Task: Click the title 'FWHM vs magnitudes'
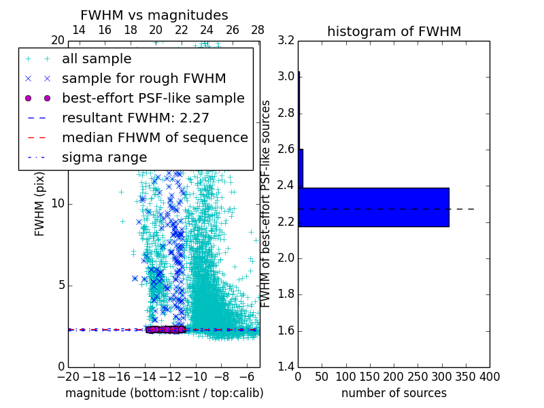pyautogui.click(x=154, y=15)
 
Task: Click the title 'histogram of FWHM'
pyautogui.click(x=394, y=31)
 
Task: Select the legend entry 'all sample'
pyautogui.click(x=97, y=58)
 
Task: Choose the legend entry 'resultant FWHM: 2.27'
pyautogui.click(x=135, y=118)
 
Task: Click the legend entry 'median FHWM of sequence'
pyautogui.click(x=154, y=137)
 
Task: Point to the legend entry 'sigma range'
pyautogui.click(x=104, y=157)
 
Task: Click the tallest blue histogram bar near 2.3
pyautogui.click(x=373, y=207)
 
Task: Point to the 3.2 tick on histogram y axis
pyautogui.click(x=286, y=40)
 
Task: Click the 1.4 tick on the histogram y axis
pyautogui.click(x=286, y=367)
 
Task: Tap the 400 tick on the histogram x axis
pyautogui.click(x=490, y=377)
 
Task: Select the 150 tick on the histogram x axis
pyautogui.click(x=370, y=377)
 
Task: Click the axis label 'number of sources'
pyautogui.click(x=394, y=393)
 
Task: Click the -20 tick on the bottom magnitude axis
pyautogui.click(x=68, y=377)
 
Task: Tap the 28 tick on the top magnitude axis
pyautogui.click(x=258, y=30)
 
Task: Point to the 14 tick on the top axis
pyautogui.click(x=79, y=30)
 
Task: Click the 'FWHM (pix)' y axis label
pyautogui.click(x=40, y=203)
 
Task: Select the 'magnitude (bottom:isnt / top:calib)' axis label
pyautogui.click(x=164, y=393)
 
